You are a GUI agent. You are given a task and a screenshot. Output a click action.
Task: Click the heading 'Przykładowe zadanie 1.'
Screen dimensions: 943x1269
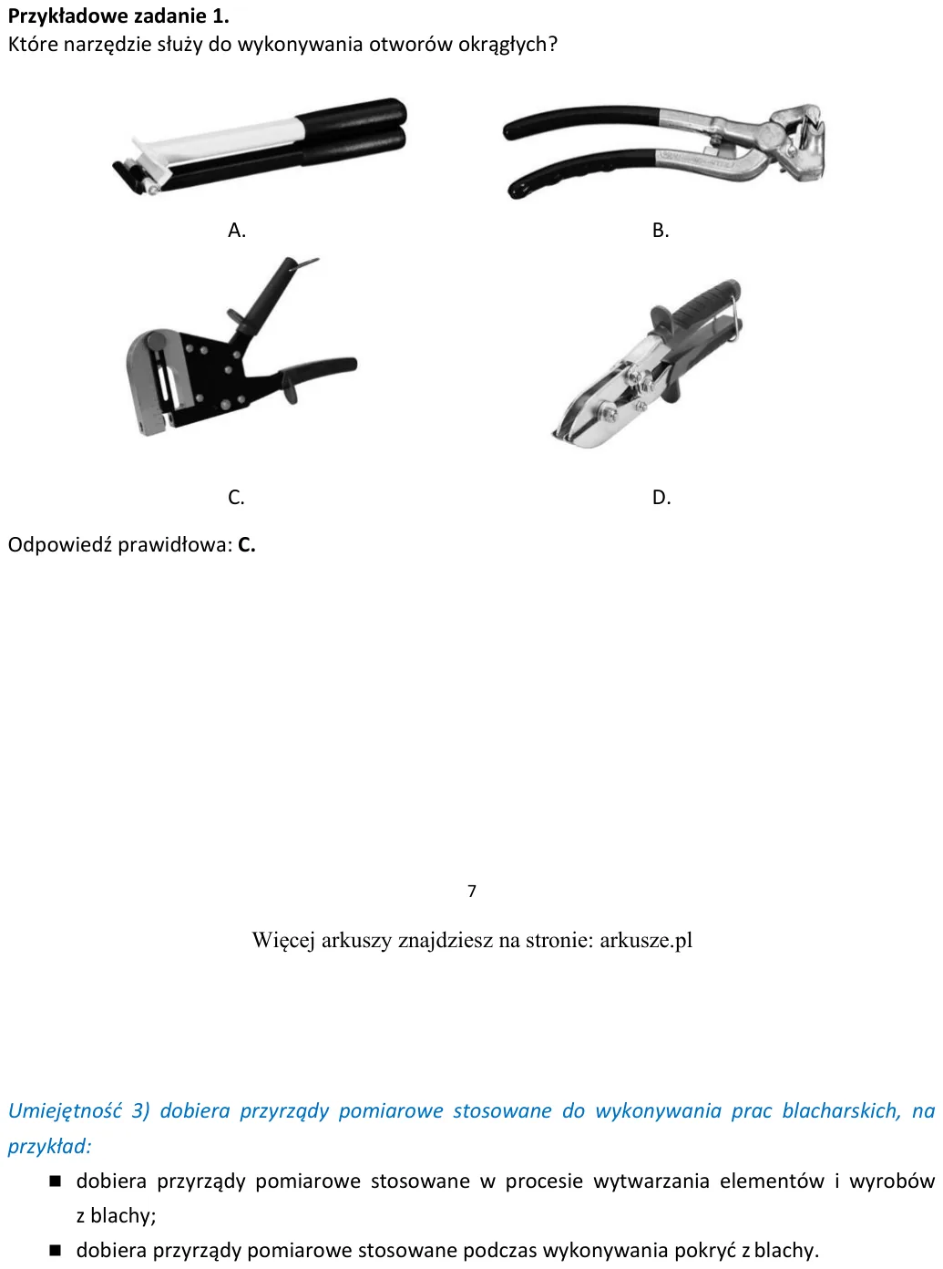coord(118,16)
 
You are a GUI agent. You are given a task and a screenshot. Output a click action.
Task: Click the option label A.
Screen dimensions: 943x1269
coord(237,230)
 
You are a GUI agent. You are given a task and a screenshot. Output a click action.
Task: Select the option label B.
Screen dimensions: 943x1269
coord(661,230)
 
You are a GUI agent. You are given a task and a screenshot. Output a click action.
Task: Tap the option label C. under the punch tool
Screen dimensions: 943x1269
coord(236,497)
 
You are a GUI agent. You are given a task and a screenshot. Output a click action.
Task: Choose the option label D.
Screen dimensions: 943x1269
coord(661,497)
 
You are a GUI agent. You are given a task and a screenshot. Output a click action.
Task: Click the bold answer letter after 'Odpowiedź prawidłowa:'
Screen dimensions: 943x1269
coord(247,544)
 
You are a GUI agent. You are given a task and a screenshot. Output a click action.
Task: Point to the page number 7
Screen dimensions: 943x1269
coord(472,891)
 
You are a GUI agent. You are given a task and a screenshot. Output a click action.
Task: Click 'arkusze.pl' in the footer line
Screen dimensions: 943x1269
coord(646,940)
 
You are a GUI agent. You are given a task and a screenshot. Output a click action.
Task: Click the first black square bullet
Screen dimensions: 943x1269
coord(56,1181)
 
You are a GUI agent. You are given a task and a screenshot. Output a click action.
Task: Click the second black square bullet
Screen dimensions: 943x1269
coord(56,1251)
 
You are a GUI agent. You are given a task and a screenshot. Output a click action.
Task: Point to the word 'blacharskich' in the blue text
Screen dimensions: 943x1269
coord(841,1110)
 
